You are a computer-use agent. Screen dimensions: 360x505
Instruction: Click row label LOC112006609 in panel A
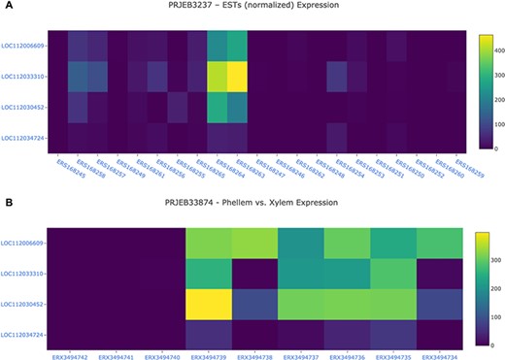(x=21, y=45)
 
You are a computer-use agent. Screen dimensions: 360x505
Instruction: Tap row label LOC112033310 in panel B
(x=21, y=275)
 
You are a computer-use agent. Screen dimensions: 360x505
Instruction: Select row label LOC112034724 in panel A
(x=21, y=137)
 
